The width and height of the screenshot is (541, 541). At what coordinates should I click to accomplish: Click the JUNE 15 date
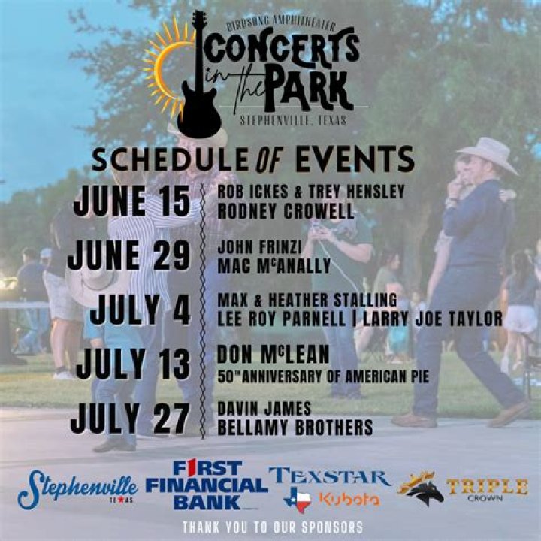click(132, 201)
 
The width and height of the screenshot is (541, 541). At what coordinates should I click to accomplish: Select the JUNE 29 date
click(128, 257)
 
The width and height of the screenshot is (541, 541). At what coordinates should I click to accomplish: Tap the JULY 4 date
click(144, 310)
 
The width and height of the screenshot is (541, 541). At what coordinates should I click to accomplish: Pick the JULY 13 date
click(133, 364)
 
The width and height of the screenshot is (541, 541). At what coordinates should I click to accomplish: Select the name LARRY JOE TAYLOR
click(433, 319)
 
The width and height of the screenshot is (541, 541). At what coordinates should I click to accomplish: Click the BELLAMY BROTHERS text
click(295, 428)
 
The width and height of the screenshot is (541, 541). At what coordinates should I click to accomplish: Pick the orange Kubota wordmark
click(349, 499)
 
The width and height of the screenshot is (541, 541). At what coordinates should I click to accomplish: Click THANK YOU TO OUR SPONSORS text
click(272, 527)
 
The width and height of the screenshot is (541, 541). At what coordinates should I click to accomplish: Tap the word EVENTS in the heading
click(354, 159)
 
